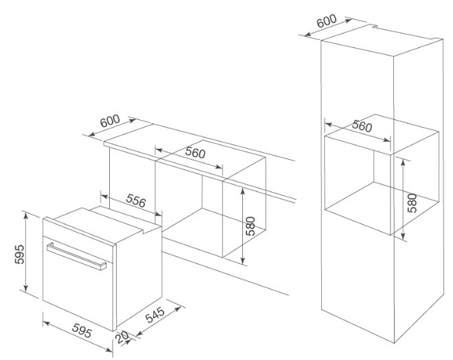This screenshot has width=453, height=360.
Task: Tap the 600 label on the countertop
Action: (x=110, y=121)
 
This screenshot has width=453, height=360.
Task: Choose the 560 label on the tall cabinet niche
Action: (x=362, y=128)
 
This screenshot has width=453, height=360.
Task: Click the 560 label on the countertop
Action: (x=195, y=154)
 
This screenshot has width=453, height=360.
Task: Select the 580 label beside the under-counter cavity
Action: (x=251, y=226)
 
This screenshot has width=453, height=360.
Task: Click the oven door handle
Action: (x=75, y=256)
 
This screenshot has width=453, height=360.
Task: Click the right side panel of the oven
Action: (x=137, y=274)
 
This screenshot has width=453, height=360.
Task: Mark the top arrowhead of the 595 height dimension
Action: (x=25, y=215)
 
